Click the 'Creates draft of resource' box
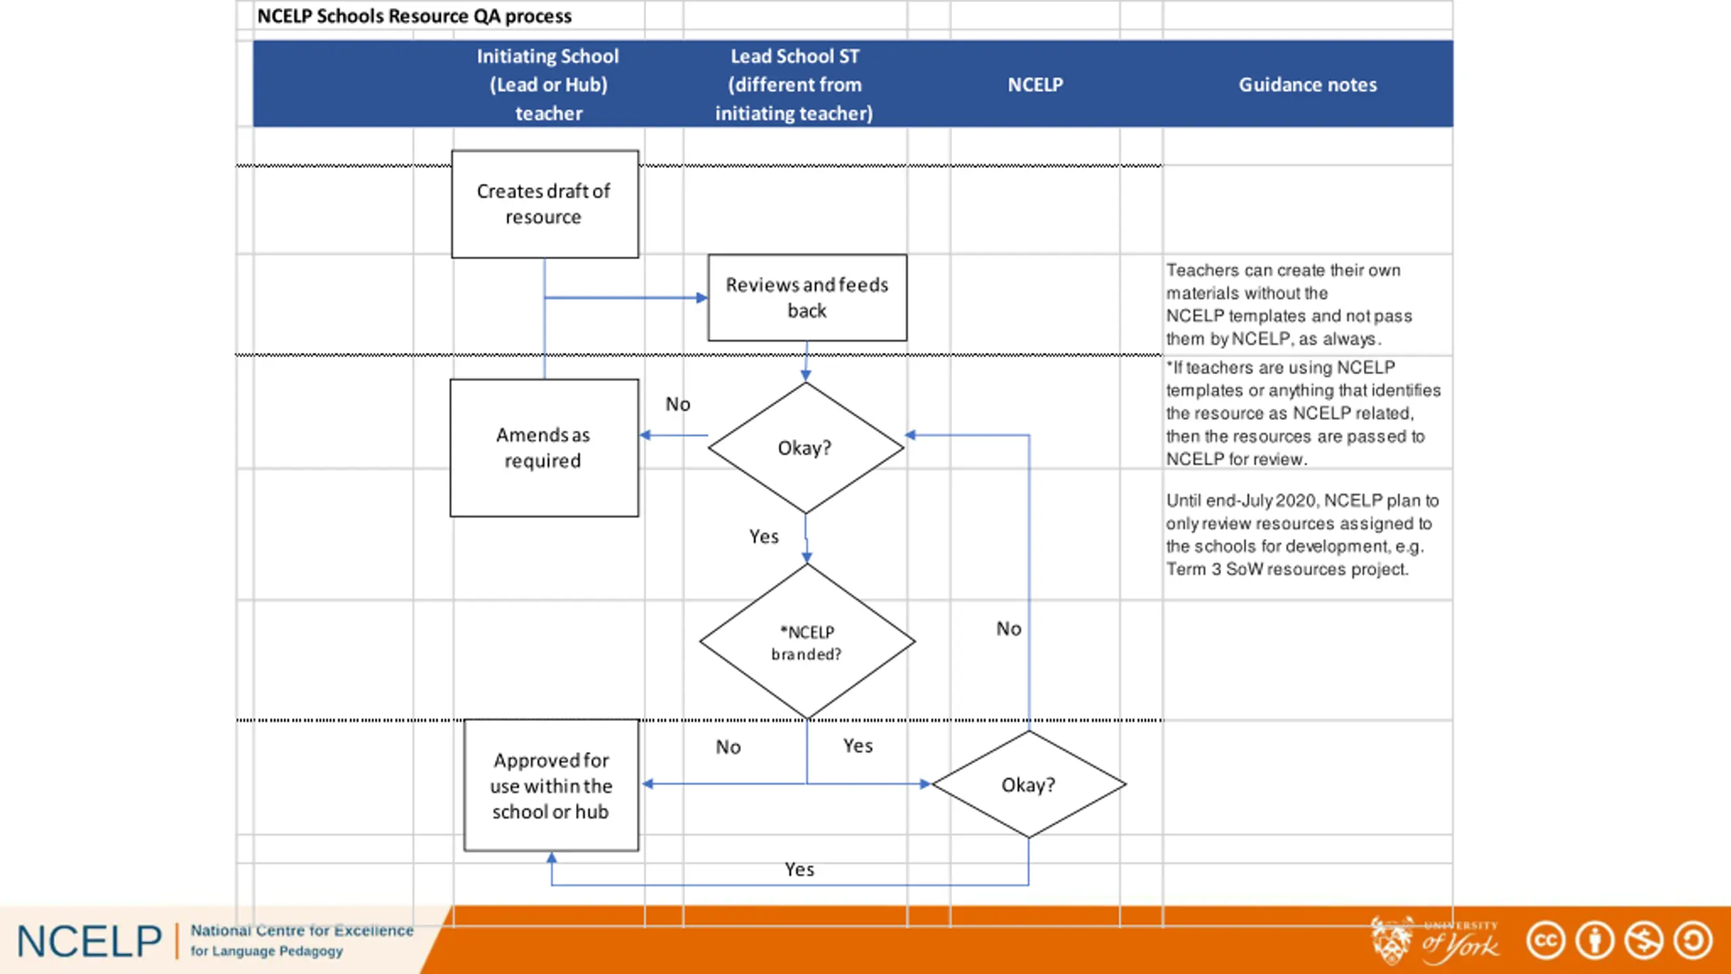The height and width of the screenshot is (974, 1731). click(x=544, y=204)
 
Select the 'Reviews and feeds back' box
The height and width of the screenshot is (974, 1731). click(x=807, y=298)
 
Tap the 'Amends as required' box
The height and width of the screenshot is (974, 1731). click(x=544, y=448)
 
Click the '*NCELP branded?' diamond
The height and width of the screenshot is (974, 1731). click(x=807, y=641)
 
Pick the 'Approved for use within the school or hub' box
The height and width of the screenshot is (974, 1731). click(x=551, y=785)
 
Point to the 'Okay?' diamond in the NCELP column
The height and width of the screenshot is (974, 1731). click(x=1028, y=785)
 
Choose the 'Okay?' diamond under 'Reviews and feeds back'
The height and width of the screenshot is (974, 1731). click(x=805, y=448)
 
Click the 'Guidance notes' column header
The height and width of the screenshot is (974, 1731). click(x=1308, y=85)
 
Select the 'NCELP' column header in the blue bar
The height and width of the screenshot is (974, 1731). click(x=1035, y=85)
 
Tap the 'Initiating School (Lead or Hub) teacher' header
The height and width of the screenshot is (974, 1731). click(x=548, y=85)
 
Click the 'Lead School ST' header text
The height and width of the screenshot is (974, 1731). click(x=795, y=56)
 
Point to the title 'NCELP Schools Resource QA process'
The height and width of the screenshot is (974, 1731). click(x=414, y=16)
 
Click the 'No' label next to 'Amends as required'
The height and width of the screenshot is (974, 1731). click(x=678, y=404)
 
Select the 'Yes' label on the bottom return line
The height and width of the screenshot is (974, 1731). click(x=799, y=869)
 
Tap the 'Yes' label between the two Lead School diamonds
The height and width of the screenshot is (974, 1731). click(x=763, y=536)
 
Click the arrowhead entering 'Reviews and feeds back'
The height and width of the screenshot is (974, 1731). click(x=702, y=298)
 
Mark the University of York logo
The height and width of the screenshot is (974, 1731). click(x=1435, y=940)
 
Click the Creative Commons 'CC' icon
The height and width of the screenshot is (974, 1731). click(x=1546, y=940)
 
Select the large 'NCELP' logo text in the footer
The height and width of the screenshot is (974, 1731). click(x=89, y=942)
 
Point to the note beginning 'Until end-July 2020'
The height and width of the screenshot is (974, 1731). click(x=1302, y=534)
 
